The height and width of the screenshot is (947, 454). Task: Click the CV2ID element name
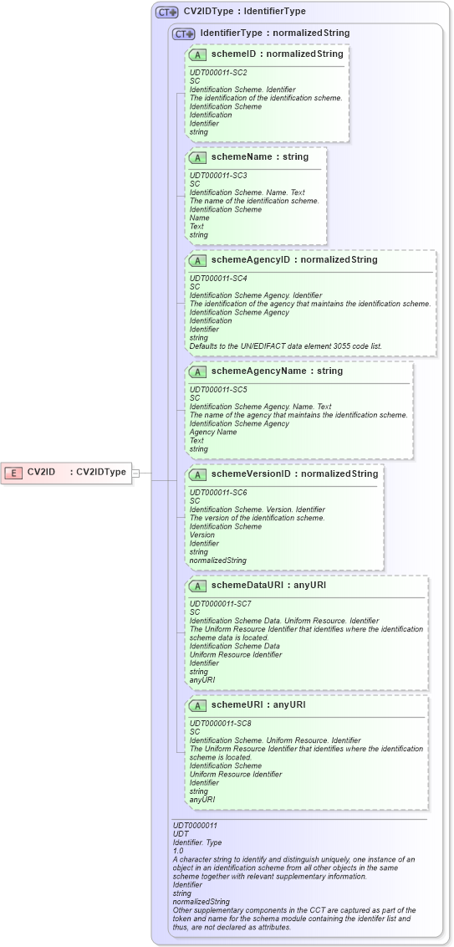tap(41, 472)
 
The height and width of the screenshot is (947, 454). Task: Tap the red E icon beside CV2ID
tap(13, 473)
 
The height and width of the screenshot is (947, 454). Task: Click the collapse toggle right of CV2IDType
tap(135, 473)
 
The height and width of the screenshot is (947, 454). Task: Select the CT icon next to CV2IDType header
tap(167, 13)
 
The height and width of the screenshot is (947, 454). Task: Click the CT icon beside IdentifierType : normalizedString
tap(184, 34)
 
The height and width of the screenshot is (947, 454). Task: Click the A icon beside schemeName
tap(198, 157)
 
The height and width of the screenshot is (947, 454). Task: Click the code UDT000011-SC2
tap(218, 73)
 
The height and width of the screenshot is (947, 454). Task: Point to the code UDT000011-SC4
tap(218, 279)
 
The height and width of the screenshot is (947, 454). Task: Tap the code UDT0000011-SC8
tap(220, 724)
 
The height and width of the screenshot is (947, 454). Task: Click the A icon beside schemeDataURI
tap(198, 586)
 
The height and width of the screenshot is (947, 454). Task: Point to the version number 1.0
tap(177, 850)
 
